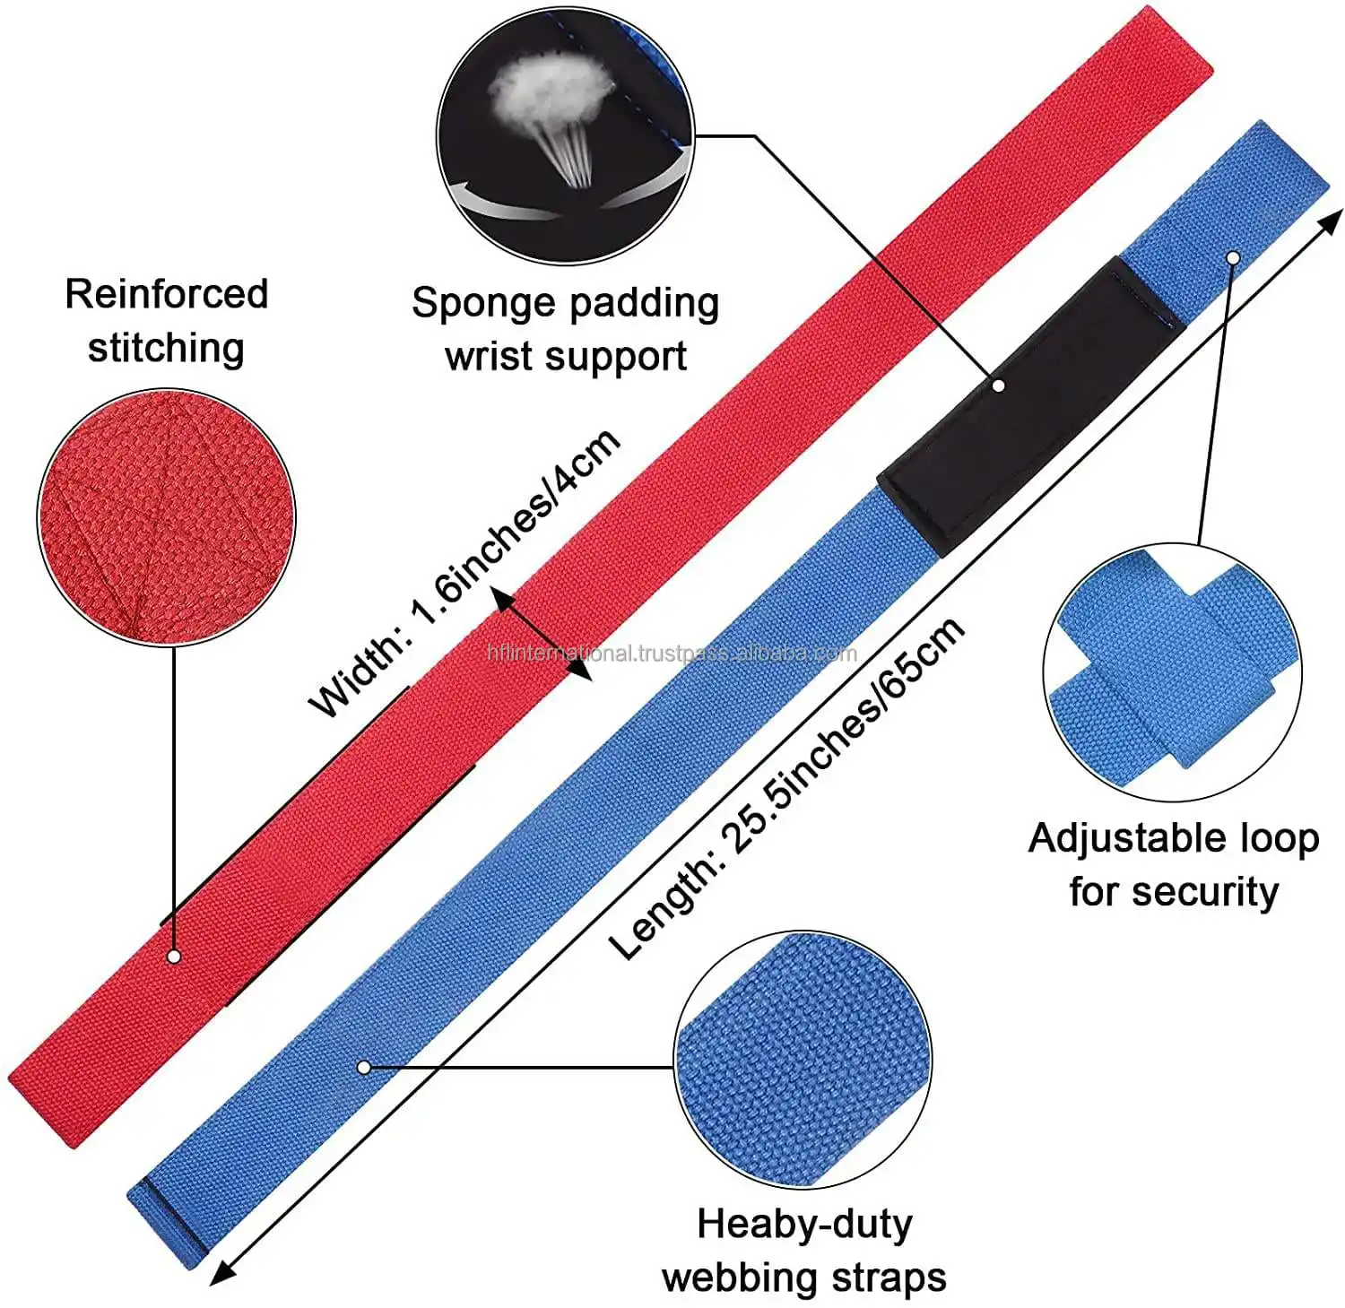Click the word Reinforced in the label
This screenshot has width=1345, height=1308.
point(167,294)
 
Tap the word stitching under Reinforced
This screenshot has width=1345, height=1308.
point(166,347)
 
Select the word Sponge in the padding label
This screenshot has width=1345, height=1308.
point(472,304)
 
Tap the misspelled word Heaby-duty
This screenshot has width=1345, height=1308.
point(804,1225)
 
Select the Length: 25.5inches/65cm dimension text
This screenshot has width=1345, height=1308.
point(787,788)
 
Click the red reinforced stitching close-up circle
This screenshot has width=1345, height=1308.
point(166,518)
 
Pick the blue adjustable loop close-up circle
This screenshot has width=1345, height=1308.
point(1173,672)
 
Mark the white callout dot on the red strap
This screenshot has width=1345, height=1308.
point(175,957)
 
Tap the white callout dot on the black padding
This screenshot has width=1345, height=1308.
point(999,385)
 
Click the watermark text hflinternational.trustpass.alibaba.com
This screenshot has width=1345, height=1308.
point(672,654)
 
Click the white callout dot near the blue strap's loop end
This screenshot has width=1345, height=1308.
point(1233,258)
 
